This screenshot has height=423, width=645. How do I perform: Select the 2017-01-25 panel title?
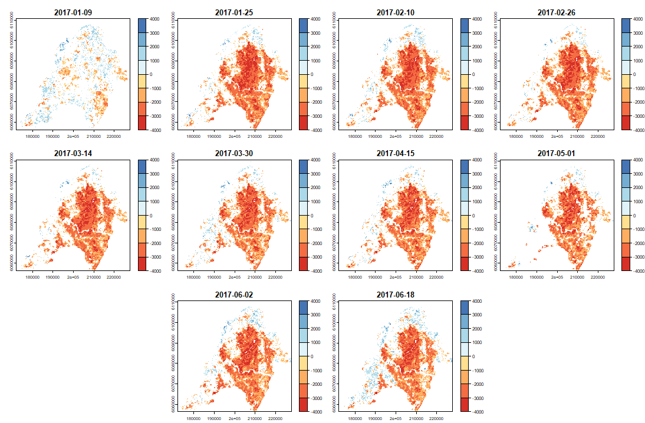(234, 12)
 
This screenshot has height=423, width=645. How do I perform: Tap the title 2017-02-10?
(395, 12)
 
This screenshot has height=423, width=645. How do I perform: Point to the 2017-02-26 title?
(557, 12)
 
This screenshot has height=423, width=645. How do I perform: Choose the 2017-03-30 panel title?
(234, 153)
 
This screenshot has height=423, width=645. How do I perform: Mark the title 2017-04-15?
(395, 153)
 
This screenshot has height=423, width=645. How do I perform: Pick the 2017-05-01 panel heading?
(557, 153)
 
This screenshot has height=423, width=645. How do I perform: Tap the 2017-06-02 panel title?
(234, 295)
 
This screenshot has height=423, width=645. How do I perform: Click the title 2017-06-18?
(395, 295)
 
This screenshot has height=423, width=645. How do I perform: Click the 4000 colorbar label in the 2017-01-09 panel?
(157, 19)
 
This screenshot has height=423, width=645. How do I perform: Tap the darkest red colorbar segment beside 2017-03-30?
(303, 265)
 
